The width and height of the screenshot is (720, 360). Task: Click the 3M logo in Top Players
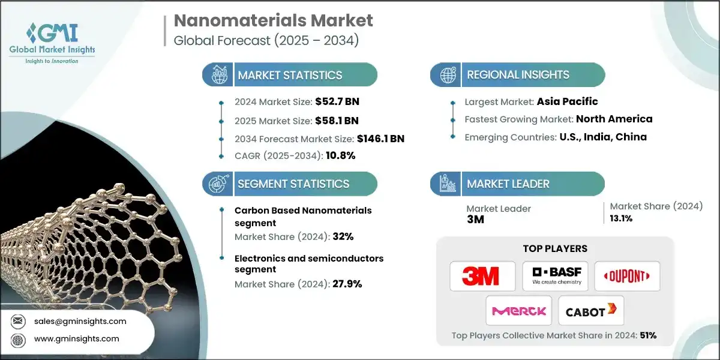click(481, 277)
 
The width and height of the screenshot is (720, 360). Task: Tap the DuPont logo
click(627, 277)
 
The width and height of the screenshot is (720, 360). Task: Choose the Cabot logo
click(590, 311)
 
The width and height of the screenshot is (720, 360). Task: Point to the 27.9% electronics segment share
click(347, 284)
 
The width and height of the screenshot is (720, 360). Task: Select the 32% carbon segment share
click(343, 236)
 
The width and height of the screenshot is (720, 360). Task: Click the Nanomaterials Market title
click(273, 20)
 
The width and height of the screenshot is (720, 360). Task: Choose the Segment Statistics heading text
click(293, 184)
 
